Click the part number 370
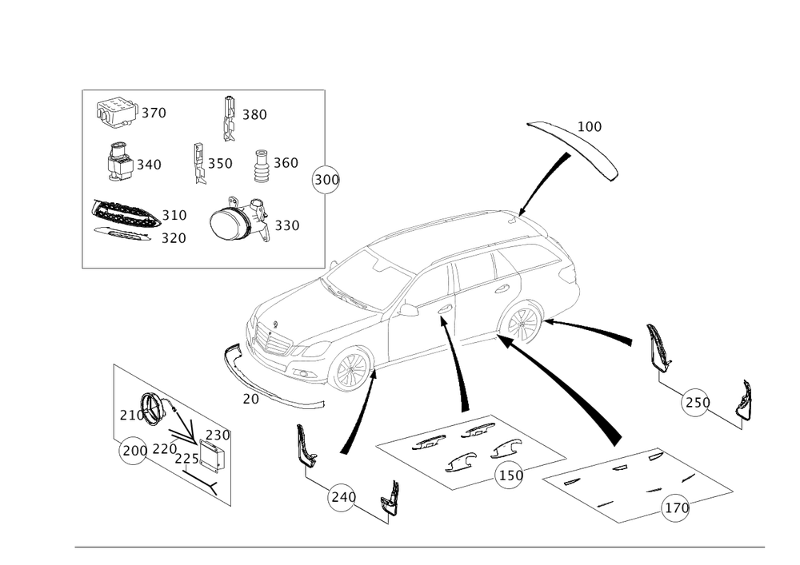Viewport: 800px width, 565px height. [x=154, y=113]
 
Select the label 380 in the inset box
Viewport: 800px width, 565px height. [x=254, y=115]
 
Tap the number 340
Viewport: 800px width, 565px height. [x=149, y=165]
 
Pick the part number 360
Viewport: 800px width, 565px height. [x=286, y=163]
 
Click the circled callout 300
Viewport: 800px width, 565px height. [x=325, y=180]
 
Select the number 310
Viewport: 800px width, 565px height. [x=174, y=216]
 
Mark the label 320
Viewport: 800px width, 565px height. [x=174, y=237]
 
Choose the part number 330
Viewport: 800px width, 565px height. [x=286, y=226]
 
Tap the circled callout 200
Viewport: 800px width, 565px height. [x=132, y=452]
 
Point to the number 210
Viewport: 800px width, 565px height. [x=130, y=416]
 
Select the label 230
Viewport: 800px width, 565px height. [x=218, y=435]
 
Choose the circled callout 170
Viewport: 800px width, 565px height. [x=676, y=505]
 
